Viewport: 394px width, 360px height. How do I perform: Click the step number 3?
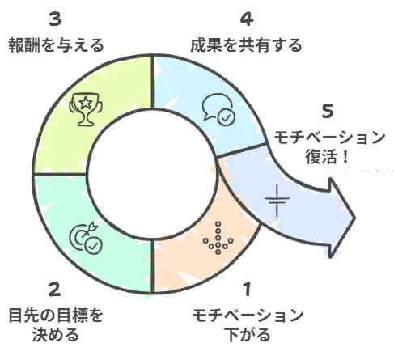point(55,19)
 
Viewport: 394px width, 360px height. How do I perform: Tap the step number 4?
point(247,19)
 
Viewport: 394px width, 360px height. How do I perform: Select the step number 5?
point(328,111)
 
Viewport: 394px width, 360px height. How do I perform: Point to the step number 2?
point(55,290)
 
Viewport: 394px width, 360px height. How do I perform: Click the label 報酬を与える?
point(56,45)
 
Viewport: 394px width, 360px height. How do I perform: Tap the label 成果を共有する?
point(246,45)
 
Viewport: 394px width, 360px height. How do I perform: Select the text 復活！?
point(327,157)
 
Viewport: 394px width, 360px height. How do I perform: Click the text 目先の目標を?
point(56,315)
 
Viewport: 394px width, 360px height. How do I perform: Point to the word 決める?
point(56,335)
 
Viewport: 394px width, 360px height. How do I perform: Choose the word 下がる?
point(248,335)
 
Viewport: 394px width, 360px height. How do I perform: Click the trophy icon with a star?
point(86,109)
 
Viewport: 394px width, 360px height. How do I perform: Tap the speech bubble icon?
point(218,107)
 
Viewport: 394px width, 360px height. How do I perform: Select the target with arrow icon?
point(83,235)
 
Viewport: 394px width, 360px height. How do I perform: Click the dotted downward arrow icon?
point(218,238)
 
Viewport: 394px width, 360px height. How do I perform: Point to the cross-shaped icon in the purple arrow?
point(277,200)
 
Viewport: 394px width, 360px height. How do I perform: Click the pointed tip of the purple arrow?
point(355,218)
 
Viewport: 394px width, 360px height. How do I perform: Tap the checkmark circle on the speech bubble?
point(227,117)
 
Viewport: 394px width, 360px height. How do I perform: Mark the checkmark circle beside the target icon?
point(93,246)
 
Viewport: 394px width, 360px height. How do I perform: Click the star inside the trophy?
point(86,103)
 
